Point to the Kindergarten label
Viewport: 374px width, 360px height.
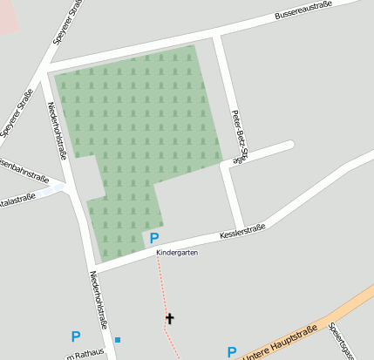tap(177, 253)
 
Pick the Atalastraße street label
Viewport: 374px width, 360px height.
tap(17, 198)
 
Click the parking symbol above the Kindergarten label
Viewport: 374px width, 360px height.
tap(154, 238)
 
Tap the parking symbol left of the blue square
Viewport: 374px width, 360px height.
tap(76, 336)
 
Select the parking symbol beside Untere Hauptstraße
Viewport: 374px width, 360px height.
tap(232, 352)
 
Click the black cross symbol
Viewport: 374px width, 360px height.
tap(169, 319)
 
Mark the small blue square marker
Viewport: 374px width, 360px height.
tap(118, 339)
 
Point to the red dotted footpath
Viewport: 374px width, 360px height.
tap(162, 288)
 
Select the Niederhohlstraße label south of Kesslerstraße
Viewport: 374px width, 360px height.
tap(100, 300)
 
